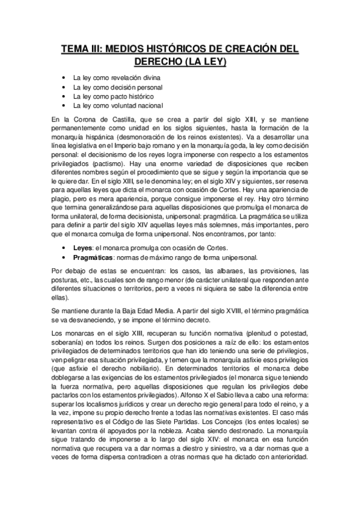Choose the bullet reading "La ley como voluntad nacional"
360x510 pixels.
118,105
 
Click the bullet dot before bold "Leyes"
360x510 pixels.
65,247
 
